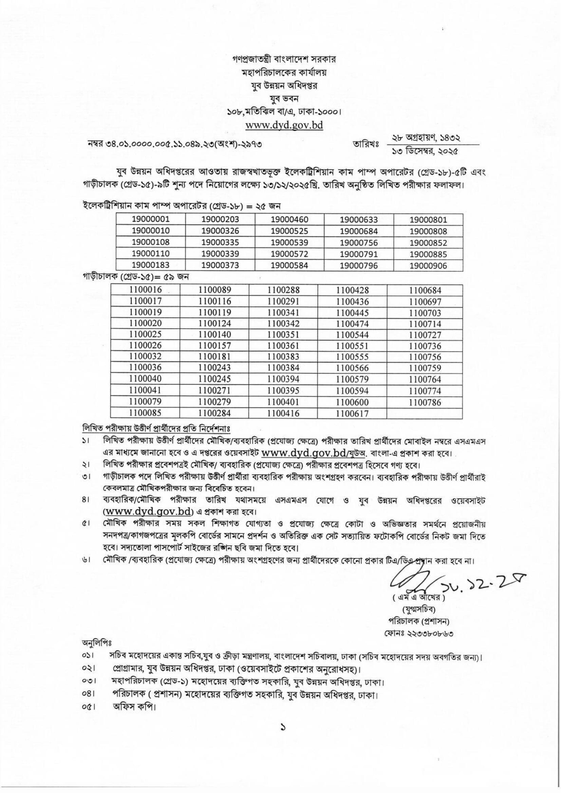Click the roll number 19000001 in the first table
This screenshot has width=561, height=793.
151,219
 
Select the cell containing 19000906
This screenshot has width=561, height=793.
428,266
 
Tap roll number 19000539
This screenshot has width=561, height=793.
289,243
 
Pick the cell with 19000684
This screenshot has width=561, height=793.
359,231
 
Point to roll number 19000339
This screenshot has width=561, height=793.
220,254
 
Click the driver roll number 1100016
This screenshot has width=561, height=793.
146,290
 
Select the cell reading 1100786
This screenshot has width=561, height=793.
425,402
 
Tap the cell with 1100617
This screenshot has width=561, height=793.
352,413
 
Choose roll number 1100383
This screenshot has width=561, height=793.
283,357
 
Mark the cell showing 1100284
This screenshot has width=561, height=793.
214,413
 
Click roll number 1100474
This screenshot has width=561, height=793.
352,324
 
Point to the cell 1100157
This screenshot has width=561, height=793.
214,346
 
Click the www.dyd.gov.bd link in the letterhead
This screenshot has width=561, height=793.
284,125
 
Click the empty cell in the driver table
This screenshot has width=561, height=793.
425,413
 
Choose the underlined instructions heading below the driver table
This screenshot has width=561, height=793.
156,428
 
